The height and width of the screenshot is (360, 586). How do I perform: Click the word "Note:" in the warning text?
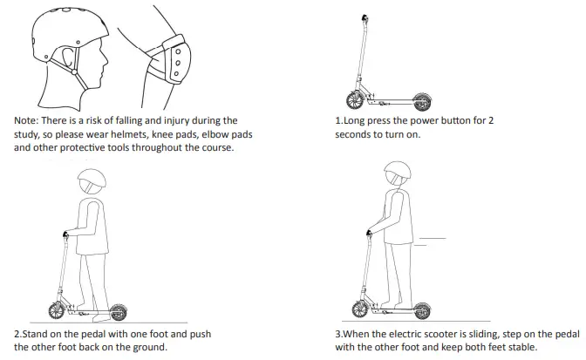click(29, 120)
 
